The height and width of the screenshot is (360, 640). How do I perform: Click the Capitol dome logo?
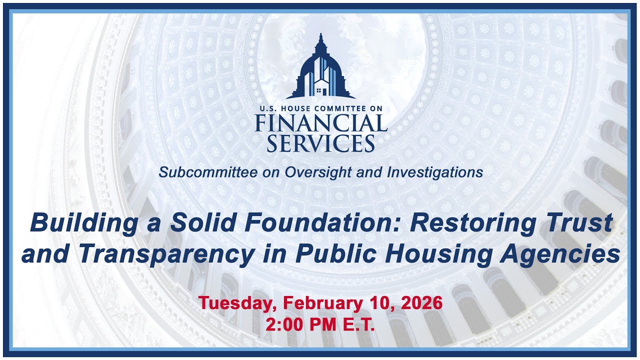[320, 68]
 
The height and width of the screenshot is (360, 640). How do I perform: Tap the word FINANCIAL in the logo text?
[320, 123]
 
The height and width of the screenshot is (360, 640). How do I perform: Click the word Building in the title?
[83, 223]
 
